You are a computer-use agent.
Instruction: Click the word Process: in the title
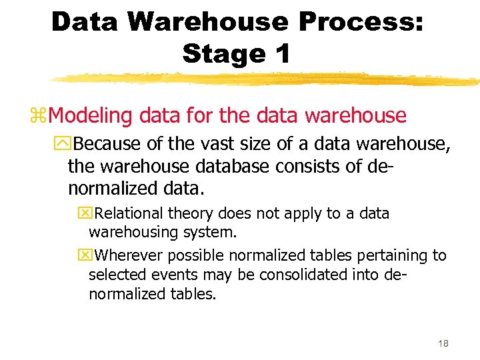361,22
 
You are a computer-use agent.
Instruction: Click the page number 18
443,343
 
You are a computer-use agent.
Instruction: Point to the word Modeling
91,116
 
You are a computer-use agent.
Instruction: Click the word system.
213,233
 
